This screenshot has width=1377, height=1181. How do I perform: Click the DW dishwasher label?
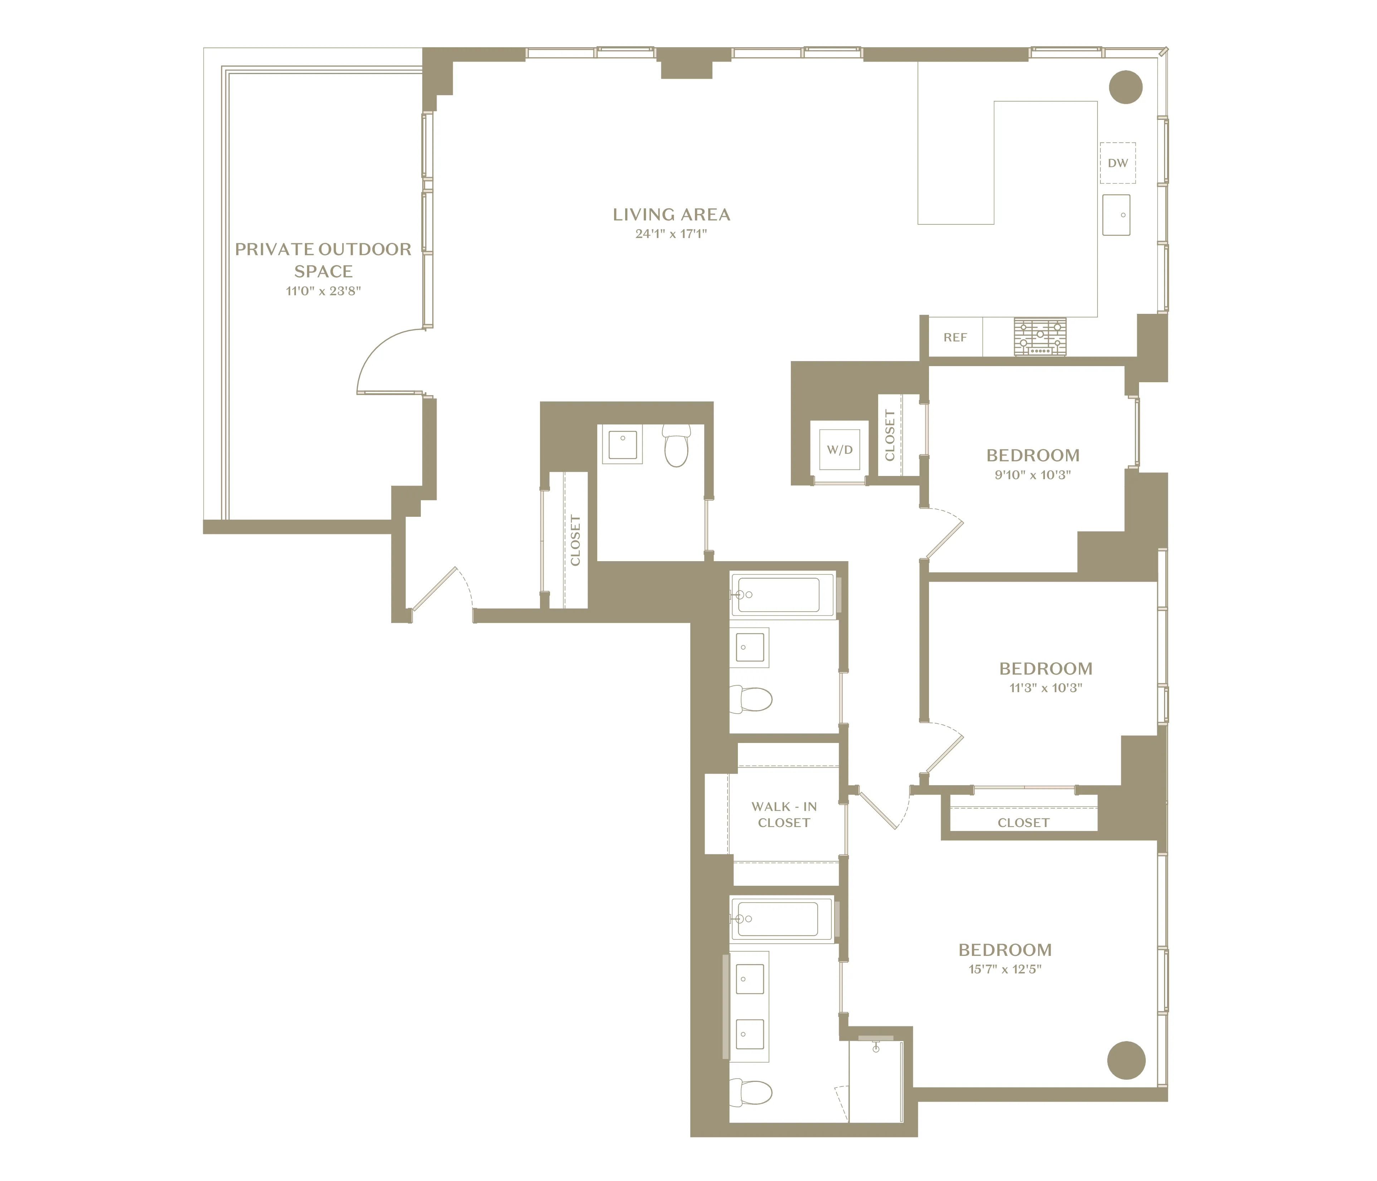1118,163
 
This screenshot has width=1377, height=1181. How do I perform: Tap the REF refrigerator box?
955,337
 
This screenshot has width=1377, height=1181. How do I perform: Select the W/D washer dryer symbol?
840,450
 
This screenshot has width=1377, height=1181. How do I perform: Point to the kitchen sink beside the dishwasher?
1116,215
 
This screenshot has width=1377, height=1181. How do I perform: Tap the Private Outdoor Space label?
323,260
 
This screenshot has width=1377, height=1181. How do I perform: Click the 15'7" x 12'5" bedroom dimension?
1005,969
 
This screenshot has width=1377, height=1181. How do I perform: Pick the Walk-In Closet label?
784,814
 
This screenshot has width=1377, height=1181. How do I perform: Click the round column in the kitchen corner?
1126,87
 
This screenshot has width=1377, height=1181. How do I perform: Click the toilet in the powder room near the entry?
677,447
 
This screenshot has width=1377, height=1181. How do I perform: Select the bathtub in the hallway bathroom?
779,594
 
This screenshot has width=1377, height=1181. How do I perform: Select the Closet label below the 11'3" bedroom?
1023,823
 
